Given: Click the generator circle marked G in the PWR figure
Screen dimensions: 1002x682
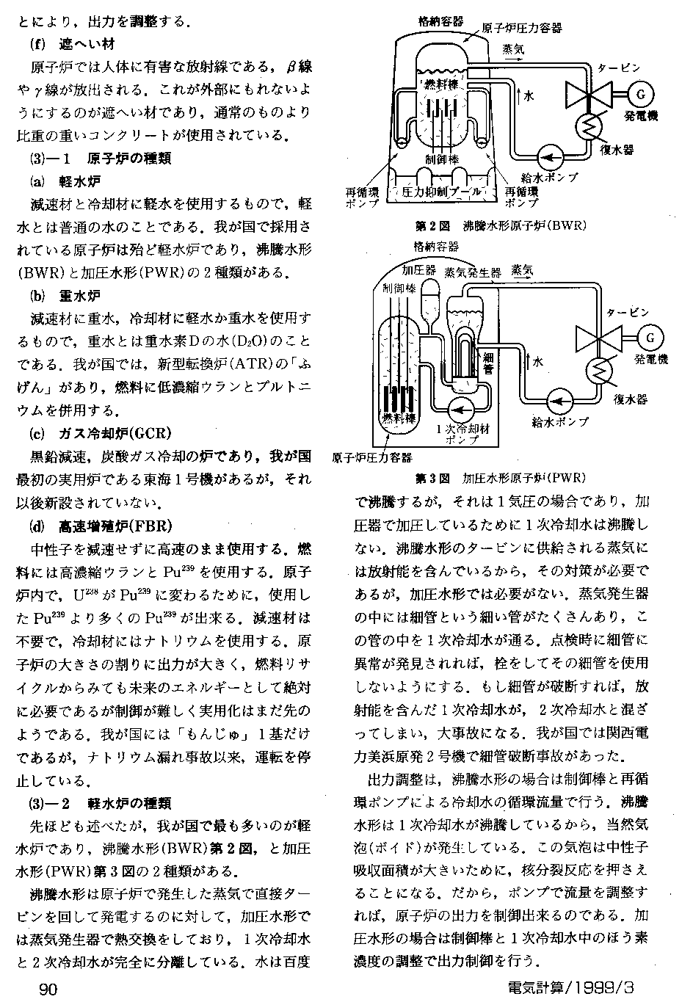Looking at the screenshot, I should (x=649, y=337).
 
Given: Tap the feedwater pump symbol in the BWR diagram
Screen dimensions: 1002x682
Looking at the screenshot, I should (x=548, y=154).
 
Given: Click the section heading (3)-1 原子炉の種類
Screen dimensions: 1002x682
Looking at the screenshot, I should (x=99, y=159).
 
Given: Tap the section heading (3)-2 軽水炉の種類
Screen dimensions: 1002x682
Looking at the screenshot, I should (x=99, y=802).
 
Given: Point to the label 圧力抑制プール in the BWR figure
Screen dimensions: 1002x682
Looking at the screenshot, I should (x=442, y=192).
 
